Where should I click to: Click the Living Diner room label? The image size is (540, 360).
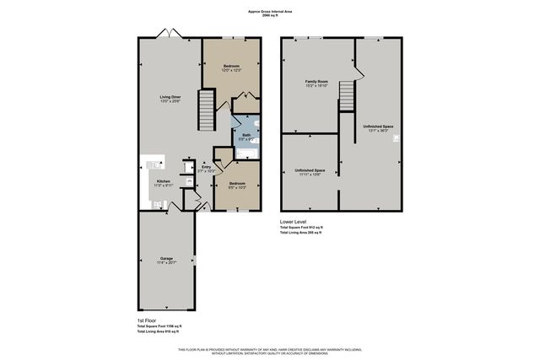170,97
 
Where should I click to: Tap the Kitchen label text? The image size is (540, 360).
164,181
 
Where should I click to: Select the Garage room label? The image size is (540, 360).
166,258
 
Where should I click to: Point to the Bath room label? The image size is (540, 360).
246,135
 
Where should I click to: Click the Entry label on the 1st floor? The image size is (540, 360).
206,167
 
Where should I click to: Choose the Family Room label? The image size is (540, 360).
316,82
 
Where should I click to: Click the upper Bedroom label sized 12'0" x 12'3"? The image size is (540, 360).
231,66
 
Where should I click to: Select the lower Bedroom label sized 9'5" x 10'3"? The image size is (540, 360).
237,183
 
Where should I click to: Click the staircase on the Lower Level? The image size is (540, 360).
346,94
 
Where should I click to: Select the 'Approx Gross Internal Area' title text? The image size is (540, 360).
270,12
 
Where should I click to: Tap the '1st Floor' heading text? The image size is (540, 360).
147,320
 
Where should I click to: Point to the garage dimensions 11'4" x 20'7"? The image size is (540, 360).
166,263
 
